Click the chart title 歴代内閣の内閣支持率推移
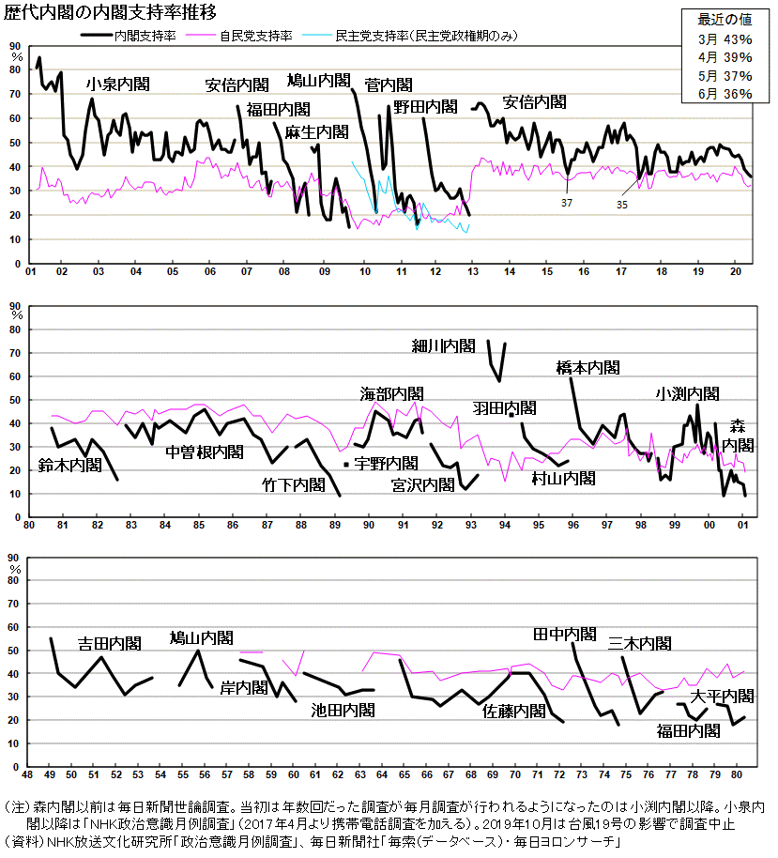coord(111,13)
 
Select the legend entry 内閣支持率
coord(142,36)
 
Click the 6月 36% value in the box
coord(725,94)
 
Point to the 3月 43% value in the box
coord(725,39)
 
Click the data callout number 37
coord(567,202)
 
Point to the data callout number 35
coord(622,203)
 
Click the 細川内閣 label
coord(444,346)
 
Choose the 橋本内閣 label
coord(587,367)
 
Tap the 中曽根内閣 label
coord(204,452)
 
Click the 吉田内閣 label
coord(109,644)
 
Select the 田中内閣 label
coord(564,635)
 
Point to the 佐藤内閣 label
coord(513,712)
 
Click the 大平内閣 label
coord(722,697)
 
